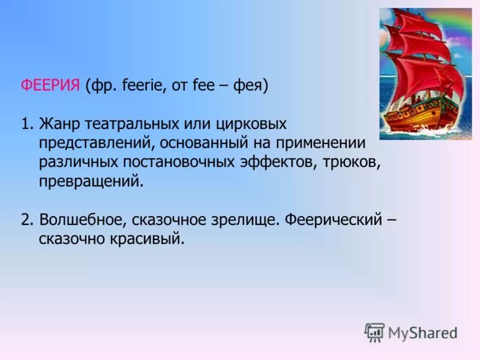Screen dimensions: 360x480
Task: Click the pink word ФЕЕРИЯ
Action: (x=50, y=86)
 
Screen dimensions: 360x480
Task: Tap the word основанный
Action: (x=210, y=143)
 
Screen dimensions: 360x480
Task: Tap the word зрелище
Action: (x=247, y=220)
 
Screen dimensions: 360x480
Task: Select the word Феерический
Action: (x=334, y=220)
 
